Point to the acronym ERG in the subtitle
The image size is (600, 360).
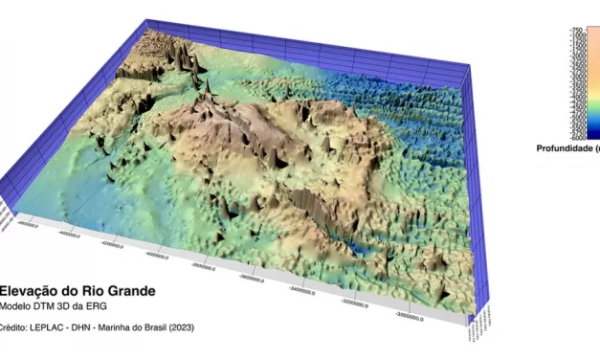[96, 305]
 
